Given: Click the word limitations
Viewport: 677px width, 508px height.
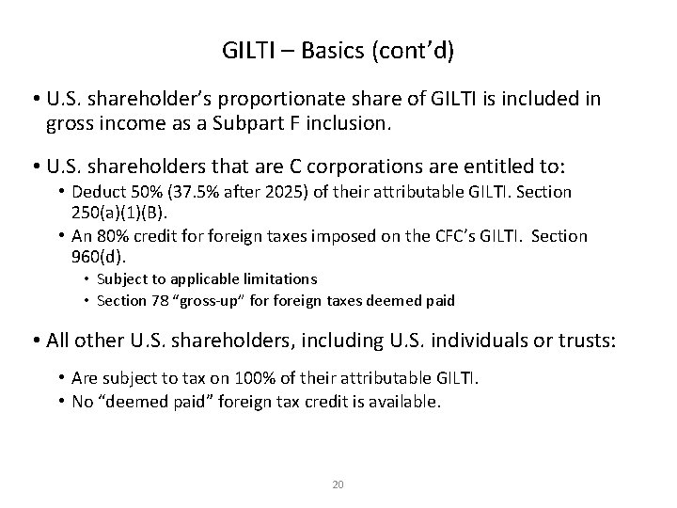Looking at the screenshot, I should pyautogui.click(x=281, y=279).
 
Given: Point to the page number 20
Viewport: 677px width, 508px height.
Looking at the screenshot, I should pyautogui.click(x=338, y=484).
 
